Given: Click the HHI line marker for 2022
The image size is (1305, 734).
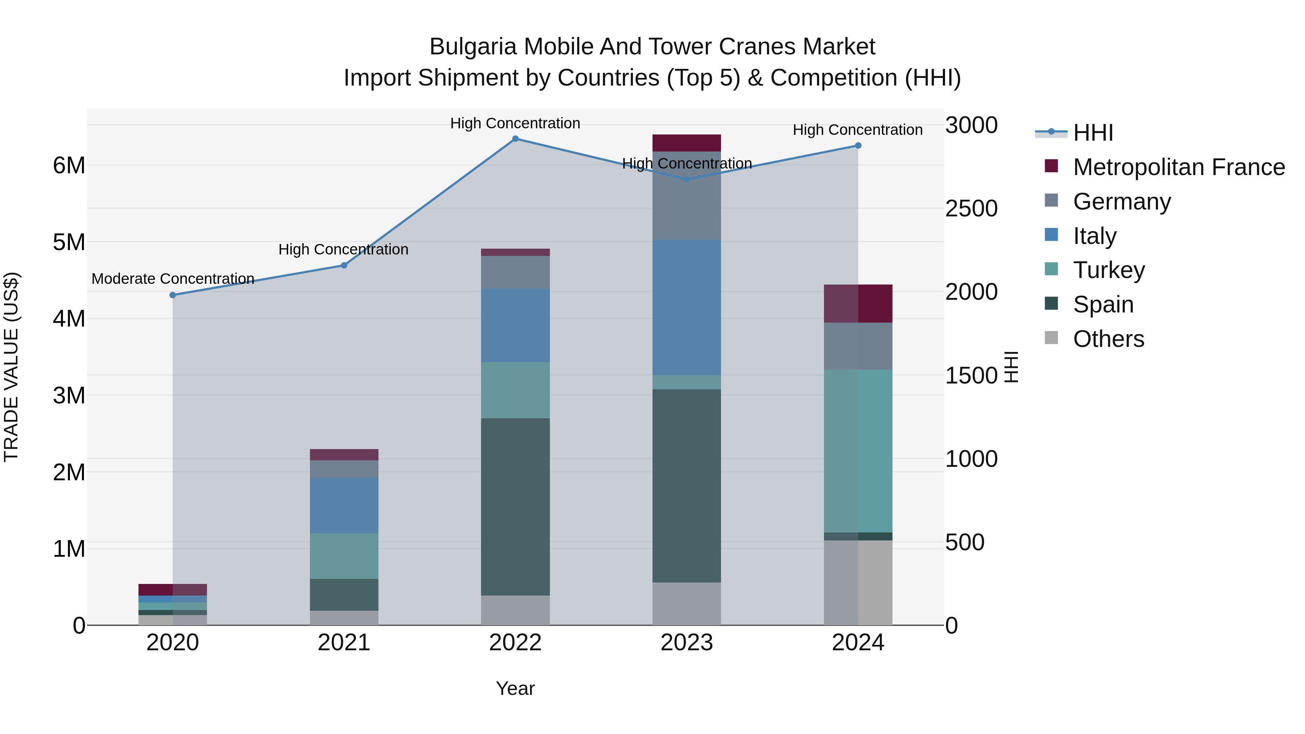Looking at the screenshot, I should point(515,139).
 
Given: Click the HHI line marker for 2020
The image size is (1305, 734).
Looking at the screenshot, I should point(173,295).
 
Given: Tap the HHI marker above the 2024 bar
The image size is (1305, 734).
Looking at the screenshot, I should point(858,145).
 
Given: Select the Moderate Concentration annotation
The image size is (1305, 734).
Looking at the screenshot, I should point(173,279).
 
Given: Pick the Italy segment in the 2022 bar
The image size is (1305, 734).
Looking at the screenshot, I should point(515,325).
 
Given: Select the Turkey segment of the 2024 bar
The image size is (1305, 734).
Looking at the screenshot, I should point(858,451).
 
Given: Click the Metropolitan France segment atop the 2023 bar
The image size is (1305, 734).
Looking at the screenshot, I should point(687,143).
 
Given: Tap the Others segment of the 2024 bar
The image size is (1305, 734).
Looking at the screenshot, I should point(858,582).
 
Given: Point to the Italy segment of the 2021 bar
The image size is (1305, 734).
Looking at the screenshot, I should point(344,505).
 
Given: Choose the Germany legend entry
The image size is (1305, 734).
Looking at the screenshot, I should point(1122,202).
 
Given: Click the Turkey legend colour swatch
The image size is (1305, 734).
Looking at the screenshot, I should point(1051,269).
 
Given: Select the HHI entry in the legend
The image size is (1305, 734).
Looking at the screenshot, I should point(1093,133).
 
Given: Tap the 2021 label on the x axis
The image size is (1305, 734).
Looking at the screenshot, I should point(344,643).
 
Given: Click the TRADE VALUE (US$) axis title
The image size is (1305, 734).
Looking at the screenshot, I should point(11,367).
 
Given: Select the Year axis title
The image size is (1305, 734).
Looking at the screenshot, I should point(515,688).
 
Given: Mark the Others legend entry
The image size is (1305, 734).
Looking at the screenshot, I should point(1109,339).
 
